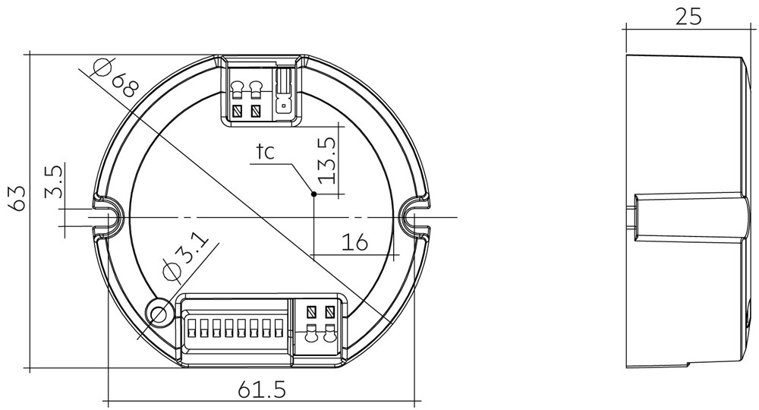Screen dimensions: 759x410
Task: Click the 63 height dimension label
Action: [x=19, y=198]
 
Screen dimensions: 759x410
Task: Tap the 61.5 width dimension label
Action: [x=263, y=390]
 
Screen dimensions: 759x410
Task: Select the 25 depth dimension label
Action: [x=688, y=17]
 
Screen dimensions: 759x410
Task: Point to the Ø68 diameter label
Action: [x=117, y=77]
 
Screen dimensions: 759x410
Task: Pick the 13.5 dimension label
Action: [x=326, y=159]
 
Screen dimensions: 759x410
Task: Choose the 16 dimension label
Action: [x=354, y=241]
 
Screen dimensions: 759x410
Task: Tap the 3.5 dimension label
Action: [x=54, y=181]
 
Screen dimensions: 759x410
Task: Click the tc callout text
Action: [x=265, y=152]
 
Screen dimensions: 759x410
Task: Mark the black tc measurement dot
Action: [x=313, y=194]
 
